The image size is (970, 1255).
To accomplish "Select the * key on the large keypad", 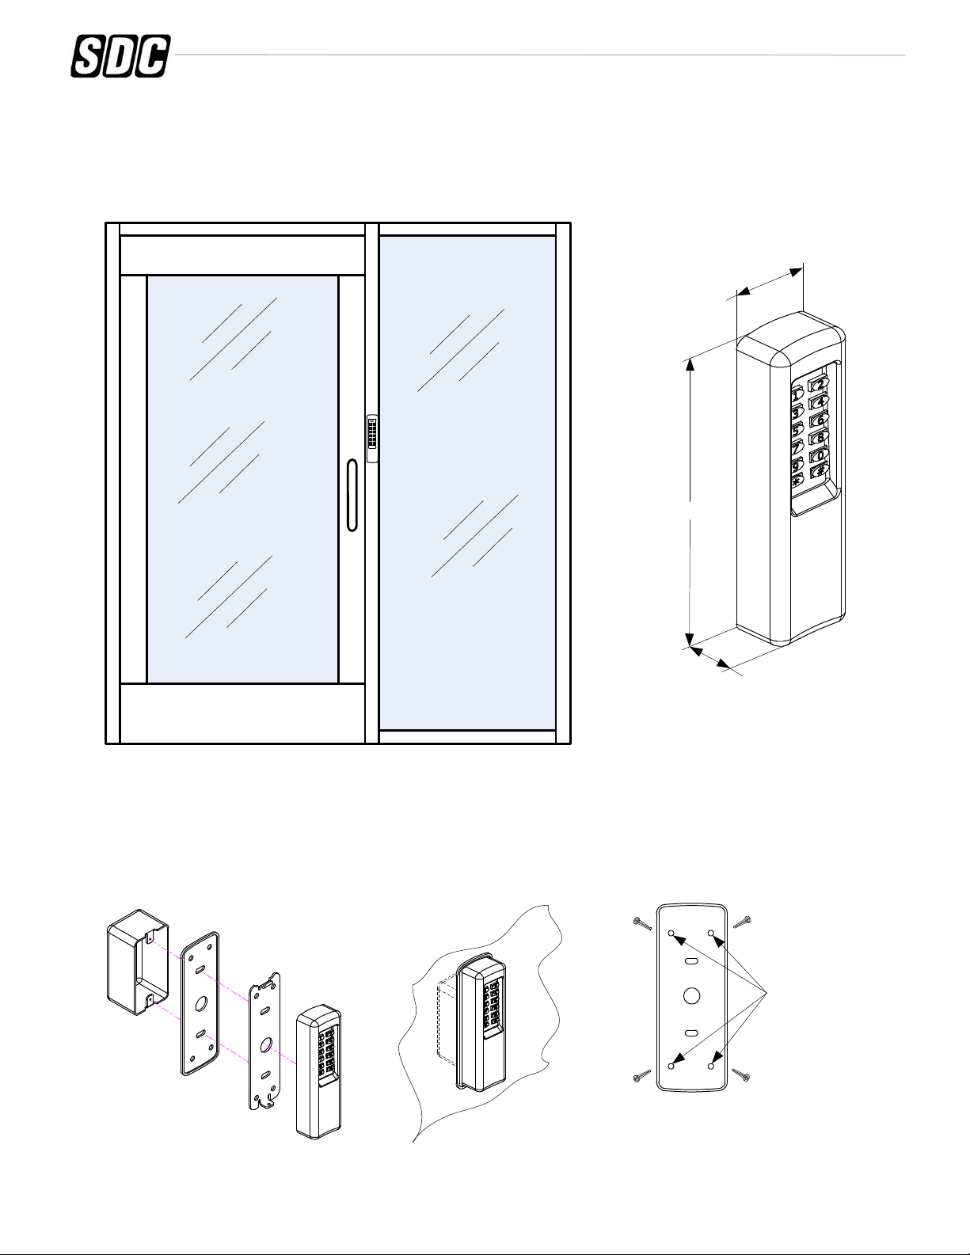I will pyautogui.click(x=797, y=481).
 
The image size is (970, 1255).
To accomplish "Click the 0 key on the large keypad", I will pyautogui.click(x=817, y=456).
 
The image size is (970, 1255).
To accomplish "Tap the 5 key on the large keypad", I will pyautogui.click(x=797, y=428).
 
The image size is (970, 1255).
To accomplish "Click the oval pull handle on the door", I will pyautogui.click(x=352, y=493).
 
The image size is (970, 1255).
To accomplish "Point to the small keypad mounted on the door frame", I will pyautogui.click(x=372, y=436).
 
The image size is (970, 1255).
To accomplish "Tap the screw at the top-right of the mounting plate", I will pyautogui.click(x=742, y=922).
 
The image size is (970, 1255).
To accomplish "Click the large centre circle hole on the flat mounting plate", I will pyautogui.click(x=690, y=995).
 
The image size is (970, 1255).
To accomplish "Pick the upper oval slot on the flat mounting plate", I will pyautogui.click(x=690, y=960).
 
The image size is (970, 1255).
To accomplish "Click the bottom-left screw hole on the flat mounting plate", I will pyautogui.click(x=671, y=1067).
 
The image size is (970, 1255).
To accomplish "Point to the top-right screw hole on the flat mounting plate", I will pyautogui.click(x=710, y=935).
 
